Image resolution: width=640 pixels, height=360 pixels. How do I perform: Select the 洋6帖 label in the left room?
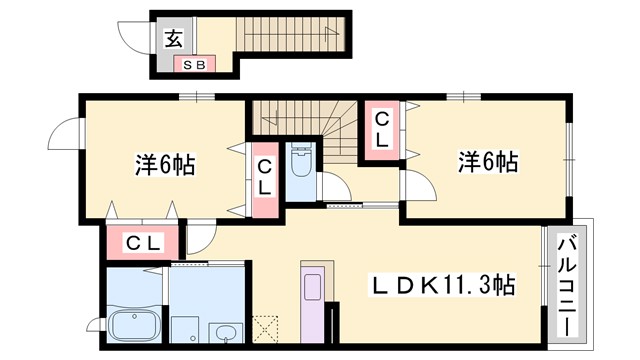click(164, 165)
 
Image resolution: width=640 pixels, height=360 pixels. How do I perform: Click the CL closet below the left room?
click(141, 242)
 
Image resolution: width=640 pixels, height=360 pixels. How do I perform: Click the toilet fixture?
click(301, 160)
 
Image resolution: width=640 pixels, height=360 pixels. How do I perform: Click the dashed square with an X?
click(267, 329)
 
